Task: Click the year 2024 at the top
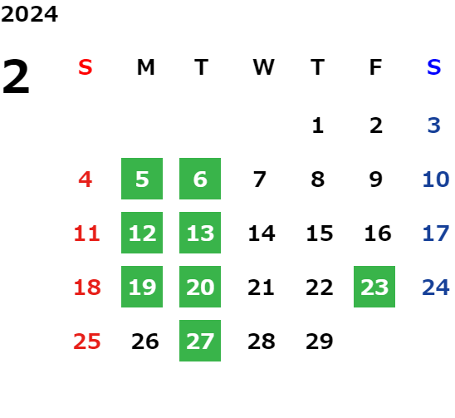pyautogui.click(x=29, y=14)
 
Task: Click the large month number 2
pyautogui.click(x=16, y=76)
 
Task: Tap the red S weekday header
pyautogui.click(x=86, y=67)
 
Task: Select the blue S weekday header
pyautogui.click(x=433, y=67)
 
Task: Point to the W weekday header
pyautogui.click(x=263, y=67)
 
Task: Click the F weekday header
pyautogui.click(x=376, y=67)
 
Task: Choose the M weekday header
pyautogui.click(x=145, y=67)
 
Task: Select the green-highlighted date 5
pyautogui.click(x=142, y=179)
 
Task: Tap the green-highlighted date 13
pyautogui.click(x=200, y=233)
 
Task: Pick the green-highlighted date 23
pyautogui.click(x=374, y=287)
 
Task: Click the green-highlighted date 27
pyautogui.click(x=200, y=341)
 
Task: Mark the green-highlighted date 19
pyautogui.click(x=142, y=287)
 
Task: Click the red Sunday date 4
pyautogui.click(x=86, y=179)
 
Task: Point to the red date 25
pyautogui.click(x=87, y=341)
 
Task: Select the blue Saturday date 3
pyautogui.click(x=434, y=125)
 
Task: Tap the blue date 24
pyautogui.click(x=436, y=287)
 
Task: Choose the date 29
pyautogui.click(x=320, y=341)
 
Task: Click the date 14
pyautogui.click(x=262, y=233)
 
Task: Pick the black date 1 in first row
pyautogui.click(x=318, y=125)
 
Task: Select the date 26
pyautogui.click(x=145, y=341)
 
